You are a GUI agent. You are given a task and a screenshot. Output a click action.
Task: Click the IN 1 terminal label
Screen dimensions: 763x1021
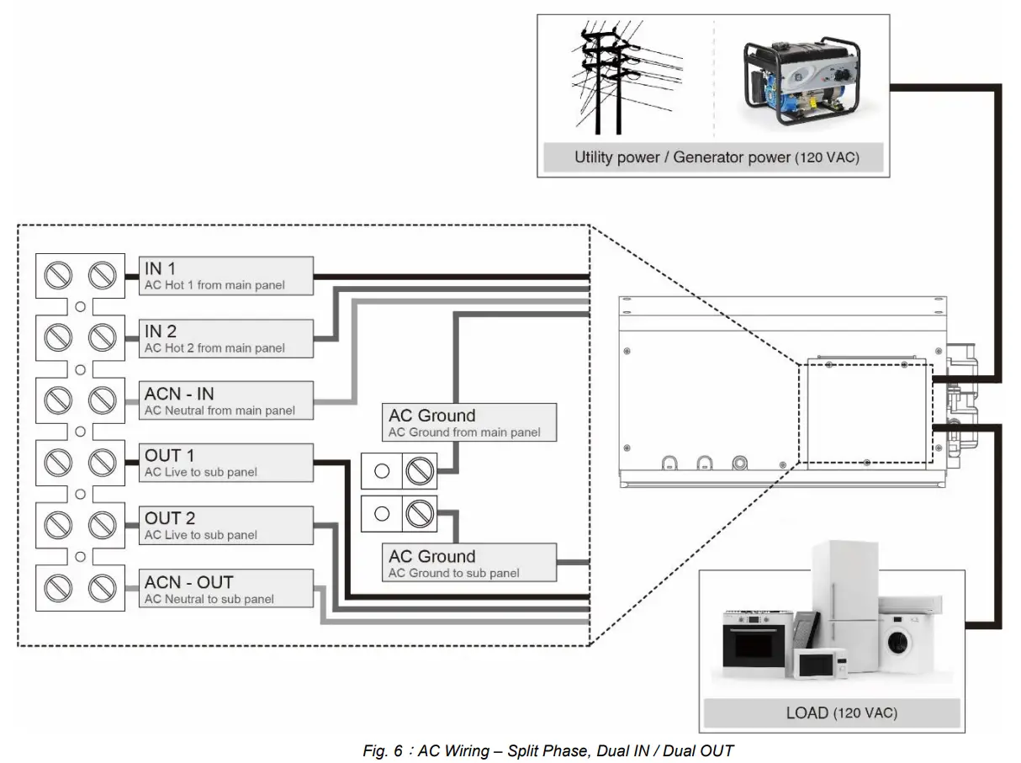click(226, 276)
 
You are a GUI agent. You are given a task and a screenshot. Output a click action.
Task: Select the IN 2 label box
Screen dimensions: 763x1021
click(226, 338)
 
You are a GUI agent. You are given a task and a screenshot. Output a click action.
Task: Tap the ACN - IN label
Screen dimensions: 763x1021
click(226, 400)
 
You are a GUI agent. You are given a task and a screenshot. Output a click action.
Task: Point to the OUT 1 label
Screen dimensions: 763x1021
click(226, 463)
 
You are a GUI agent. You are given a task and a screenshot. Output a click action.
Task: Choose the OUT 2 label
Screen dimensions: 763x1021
click(226, 525)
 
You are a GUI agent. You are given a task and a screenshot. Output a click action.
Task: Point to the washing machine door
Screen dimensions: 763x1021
click(898, 644)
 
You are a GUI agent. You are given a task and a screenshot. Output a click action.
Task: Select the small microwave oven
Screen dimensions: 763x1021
click(821, 663)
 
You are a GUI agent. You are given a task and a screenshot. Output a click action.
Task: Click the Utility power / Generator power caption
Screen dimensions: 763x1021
click(716, 156)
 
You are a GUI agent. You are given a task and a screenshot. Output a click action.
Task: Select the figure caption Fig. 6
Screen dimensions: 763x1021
click(548, 750)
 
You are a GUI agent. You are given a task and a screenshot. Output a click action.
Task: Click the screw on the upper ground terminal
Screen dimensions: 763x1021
click(417, 472)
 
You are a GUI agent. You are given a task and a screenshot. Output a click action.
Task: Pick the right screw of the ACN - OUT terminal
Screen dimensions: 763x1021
click(102, 586)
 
